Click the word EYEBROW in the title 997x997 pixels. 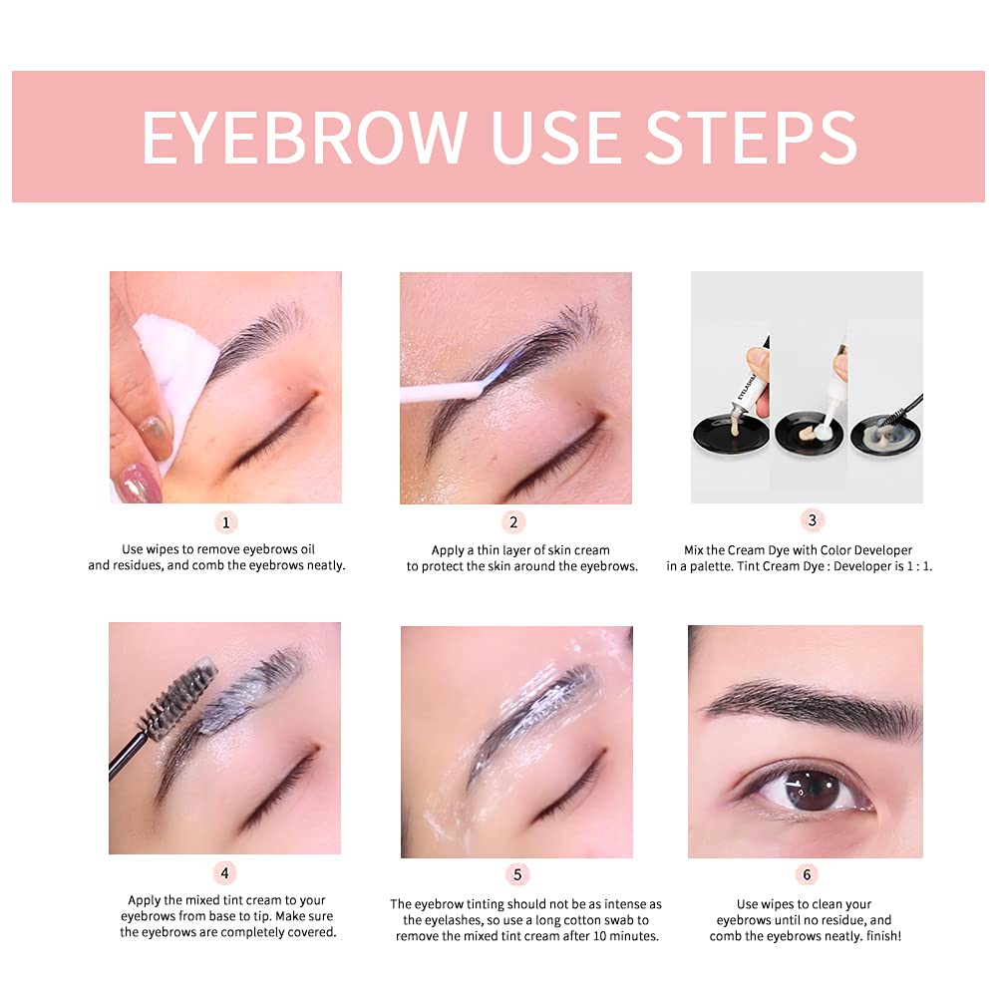(x=304, y=137)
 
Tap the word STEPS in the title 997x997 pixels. (x=750, y=137)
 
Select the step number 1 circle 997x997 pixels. (x=225, y=522)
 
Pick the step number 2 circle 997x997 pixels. (x=514, y=522)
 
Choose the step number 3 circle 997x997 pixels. (x=812, y=520)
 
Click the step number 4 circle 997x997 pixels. (x=225, y=873)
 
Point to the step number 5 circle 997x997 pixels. (x=516, y=875)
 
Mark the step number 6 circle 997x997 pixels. (x=807, y=875)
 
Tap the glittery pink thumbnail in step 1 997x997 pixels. (x=137, y=484)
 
